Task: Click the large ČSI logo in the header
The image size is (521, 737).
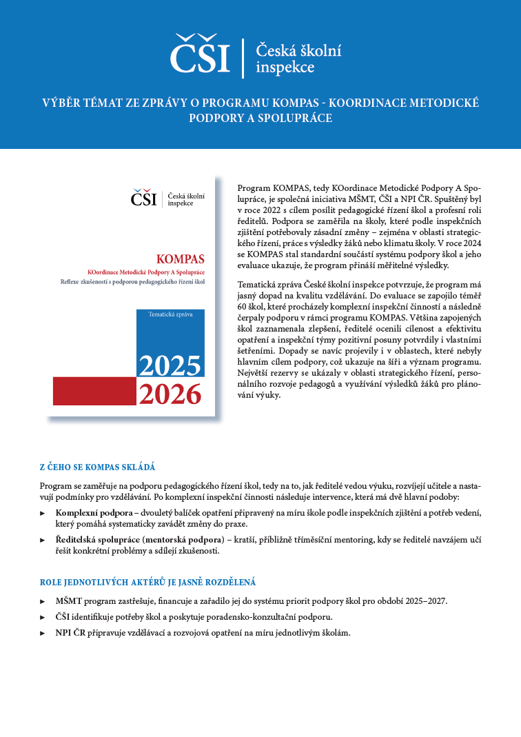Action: pos(200,54)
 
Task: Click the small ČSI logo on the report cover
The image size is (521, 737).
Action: pos(144,199)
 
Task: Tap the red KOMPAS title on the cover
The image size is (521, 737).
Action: pos(180,260)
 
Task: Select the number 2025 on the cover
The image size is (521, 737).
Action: pos(170,365)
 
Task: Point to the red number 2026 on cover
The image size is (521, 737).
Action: pos(170,394)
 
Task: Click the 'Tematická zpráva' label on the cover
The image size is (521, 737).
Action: pos(170,314)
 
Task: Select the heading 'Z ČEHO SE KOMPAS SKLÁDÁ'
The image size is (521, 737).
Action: pos(97,467)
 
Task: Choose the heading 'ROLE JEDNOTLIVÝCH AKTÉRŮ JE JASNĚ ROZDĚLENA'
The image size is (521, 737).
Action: pos(147,583)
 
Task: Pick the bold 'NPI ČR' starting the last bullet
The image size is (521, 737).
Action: pos(71,633)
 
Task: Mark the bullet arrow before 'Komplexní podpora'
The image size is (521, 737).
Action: pos(43,513)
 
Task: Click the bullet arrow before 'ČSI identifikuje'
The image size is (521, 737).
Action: pos(43,617)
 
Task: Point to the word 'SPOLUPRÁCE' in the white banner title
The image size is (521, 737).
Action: pos(295,118)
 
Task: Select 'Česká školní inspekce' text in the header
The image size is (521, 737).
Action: pos(298,59)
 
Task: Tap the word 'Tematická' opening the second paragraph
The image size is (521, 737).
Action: pos(258,284)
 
